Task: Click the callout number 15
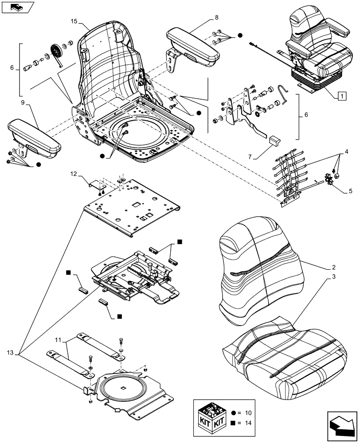click(74, 21)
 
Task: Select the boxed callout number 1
click(341, 94)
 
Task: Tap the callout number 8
click(216, 18)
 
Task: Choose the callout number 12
click(74, 175)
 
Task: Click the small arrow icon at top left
click(18, 7)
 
